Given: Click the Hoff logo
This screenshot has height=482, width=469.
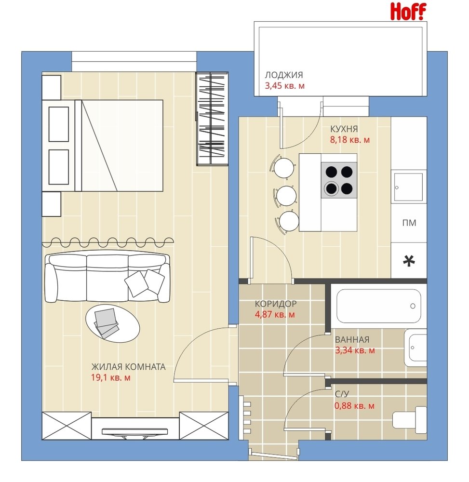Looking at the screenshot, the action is click(x=408, y=12).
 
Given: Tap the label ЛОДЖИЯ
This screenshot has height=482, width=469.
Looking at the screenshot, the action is click(x=284, y=75).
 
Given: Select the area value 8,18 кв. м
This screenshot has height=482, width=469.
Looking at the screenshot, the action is click(x=350, y=140).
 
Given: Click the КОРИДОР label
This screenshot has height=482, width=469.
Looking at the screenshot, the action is click(x=276, y=304).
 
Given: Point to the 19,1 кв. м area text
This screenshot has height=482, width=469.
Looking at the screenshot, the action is click(x=111, y=377).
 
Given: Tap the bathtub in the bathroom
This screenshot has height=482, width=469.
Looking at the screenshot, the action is click(x=378, y=306).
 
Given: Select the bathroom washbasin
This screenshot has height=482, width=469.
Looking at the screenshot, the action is click(x=415, y=348).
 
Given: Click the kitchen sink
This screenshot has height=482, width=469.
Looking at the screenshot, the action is click(x=409, y=187).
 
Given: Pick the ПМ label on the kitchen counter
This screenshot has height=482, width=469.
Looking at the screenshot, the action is click(x=409, y=223).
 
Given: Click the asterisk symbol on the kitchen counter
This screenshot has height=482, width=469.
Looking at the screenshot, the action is click(x=409, y=261).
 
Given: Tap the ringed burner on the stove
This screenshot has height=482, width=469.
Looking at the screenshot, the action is click(x=331, y=188).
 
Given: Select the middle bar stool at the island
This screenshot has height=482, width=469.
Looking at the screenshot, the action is click(x=286, y=196).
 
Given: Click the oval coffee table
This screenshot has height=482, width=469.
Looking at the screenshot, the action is click(x=112, y=323).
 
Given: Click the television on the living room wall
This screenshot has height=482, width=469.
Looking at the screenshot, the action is click(x=134, y=431).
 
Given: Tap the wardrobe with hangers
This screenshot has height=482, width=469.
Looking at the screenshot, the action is click(x=212, y=119).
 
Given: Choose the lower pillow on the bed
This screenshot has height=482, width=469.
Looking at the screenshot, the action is click(x=58, y=167).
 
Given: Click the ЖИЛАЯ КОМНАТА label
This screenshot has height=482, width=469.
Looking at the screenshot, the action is click(x=129, y=367).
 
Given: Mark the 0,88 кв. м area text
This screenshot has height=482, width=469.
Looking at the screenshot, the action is click(x=354, y=406).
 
